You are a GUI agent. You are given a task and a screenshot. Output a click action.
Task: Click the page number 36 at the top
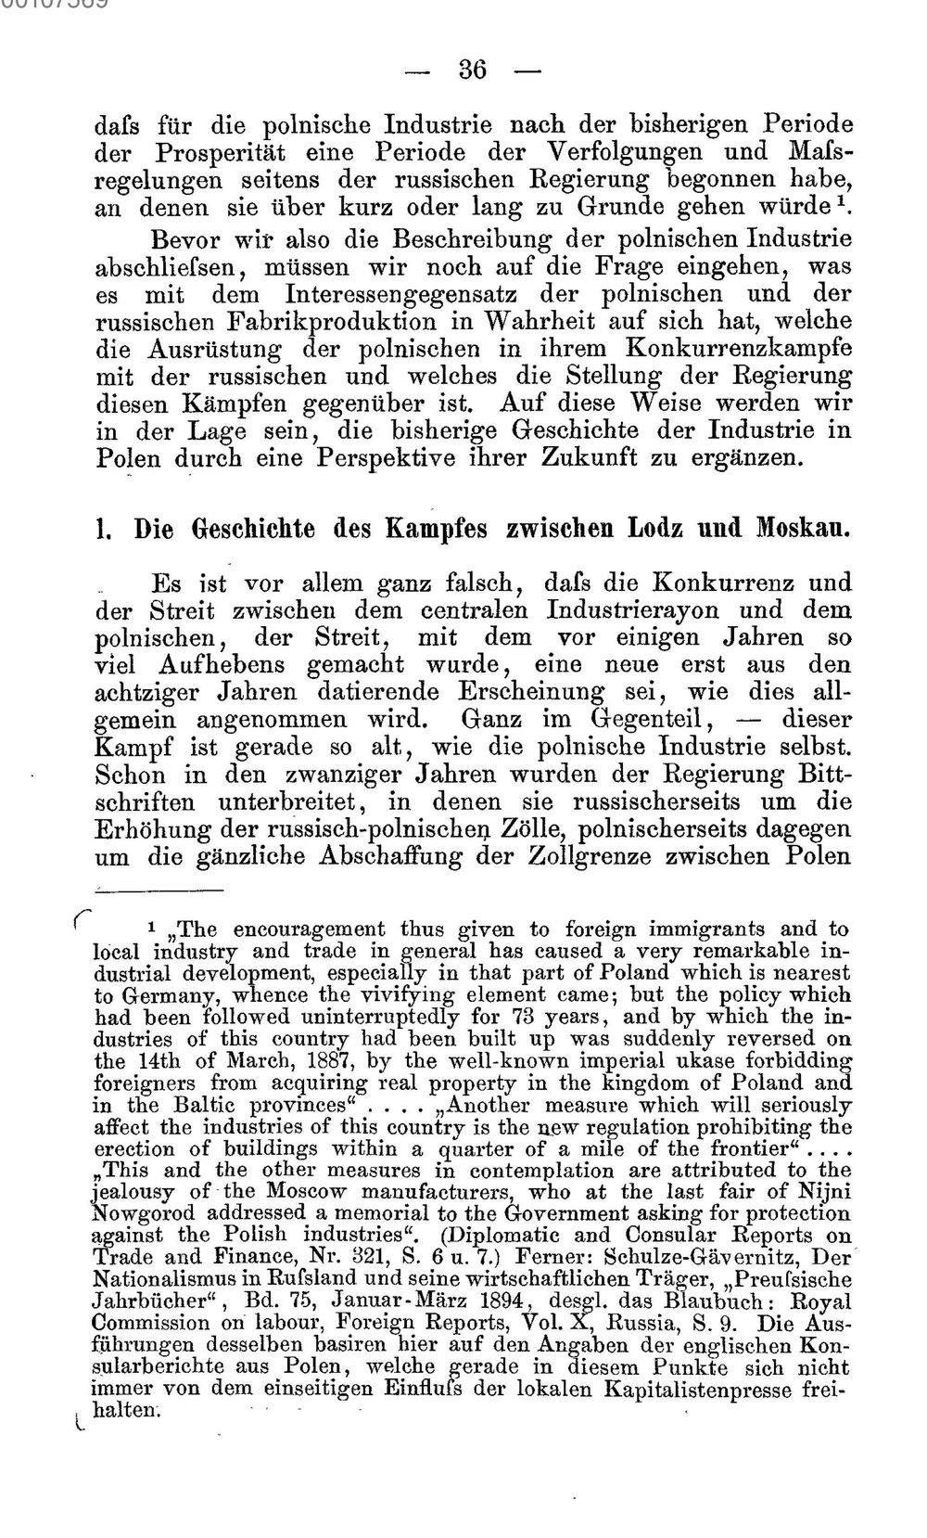coord(472,70)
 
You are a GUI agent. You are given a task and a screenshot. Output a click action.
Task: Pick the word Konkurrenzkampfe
coord(740,350)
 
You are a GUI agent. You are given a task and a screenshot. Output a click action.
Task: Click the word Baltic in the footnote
coord(196,1105)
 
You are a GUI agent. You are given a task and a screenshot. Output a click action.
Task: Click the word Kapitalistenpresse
coord(700,1389)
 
